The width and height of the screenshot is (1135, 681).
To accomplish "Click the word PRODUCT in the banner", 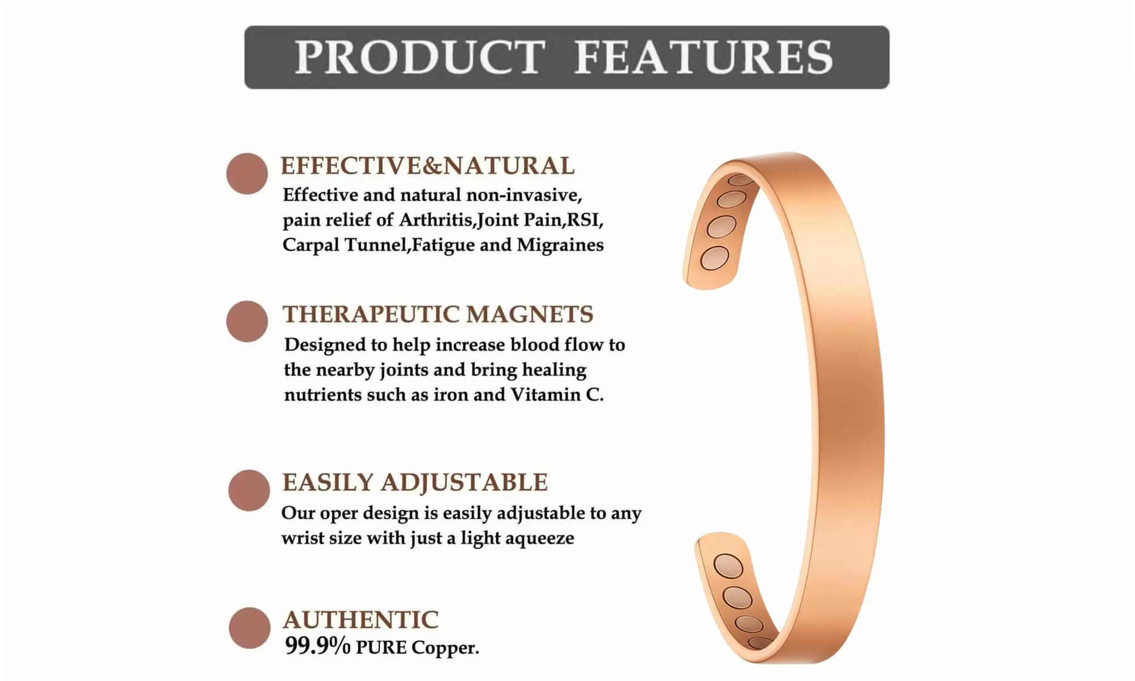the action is (420, 57).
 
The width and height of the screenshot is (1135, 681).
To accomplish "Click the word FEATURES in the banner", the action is (704, 57).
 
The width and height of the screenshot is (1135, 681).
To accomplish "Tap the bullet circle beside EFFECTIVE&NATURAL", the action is (247, 174).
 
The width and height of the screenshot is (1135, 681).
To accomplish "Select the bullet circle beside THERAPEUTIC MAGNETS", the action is (247, 321).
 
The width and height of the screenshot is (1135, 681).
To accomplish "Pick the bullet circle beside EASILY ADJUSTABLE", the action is (249, 490).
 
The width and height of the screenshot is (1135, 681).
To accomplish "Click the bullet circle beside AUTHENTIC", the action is (250, 628).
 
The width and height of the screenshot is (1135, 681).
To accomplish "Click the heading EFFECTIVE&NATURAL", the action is (428, 166).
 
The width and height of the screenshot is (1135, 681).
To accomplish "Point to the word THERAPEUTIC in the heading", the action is (370, 314).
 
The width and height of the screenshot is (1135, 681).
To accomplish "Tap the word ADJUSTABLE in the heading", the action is (464, 482).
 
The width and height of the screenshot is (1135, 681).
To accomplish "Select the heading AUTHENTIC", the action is (361, 620).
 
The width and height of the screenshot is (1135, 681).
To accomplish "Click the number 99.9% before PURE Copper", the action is (318, 646).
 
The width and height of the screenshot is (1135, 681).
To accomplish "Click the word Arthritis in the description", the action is (436, 220).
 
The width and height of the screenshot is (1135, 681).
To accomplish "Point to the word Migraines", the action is (560, 245).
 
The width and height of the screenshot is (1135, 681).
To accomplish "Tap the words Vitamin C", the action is (557, 394).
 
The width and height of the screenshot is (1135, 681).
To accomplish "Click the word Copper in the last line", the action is (445, 648).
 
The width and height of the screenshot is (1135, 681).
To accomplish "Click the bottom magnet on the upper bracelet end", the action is (715, 258).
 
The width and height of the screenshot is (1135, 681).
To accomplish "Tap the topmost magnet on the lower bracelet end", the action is (728, 566).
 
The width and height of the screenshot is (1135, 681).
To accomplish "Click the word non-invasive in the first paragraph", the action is (524, 195).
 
